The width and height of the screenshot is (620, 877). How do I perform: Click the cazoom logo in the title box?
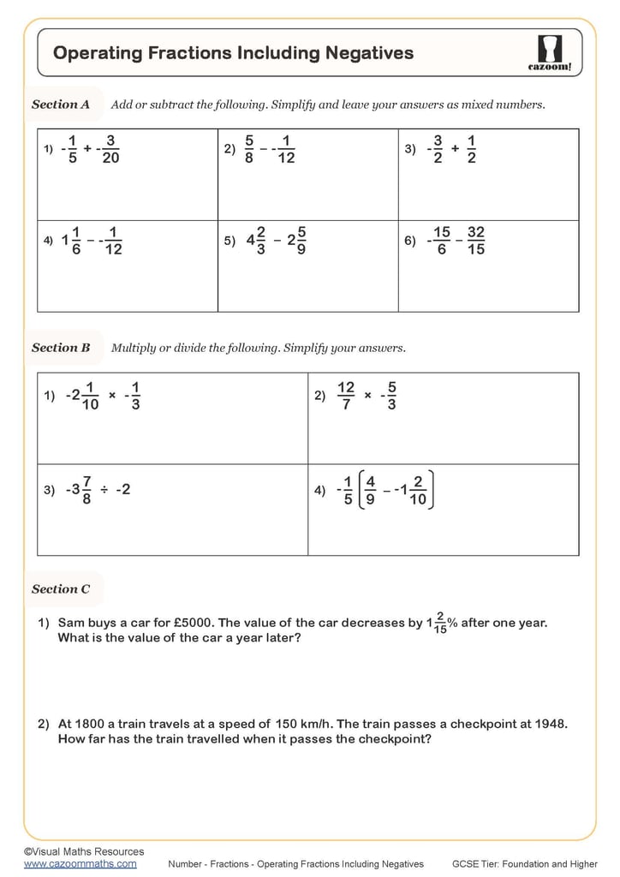pyautogui.click(x=550, y=52)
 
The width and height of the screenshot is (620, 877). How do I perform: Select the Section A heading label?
pyautogui.click(x=61, y=104)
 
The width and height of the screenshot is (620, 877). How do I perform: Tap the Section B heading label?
pyautogui.click(x=61, y=348)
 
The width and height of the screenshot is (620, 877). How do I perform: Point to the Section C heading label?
pyautogui.click(x=61, y=589)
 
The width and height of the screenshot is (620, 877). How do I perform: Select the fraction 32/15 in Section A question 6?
pyautogui.click(x=476, y=241)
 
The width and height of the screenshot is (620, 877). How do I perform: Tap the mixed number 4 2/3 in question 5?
pyautogui.click(x=256, y=241)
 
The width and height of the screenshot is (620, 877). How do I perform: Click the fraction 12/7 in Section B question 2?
pyautogui.click(x=346, y=396)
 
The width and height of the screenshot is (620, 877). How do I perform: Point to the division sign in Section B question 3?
pyautogui.click(x=103, y=490)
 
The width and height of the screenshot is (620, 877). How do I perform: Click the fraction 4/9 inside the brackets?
pyautogui.click(x=370, y=491)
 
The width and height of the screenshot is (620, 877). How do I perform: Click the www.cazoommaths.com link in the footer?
pyautogui.click(x=80, y=864)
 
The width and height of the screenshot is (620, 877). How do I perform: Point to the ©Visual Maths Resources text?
pyautogui.click(x=84, y=851)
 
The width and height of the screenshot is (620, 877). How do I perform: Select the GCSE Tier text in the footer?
pyautogui.click(x=524, y=864)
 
